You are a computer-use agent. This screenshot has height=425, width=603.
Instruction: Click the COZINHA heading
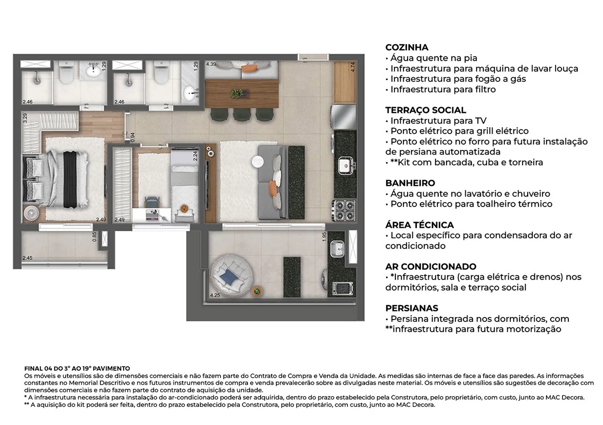pyautogui.click(x=407, y=47)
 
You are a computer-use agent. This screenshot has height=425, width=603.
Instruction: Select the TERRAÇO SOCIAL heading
pyautogui.click(x=425, y=110)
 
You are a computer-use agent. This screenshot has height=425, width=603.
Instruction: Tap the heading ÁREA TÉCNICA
pyautogui.click(x=419, y=225)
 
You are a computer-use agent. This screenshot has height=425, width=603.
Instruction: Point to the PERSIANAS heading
pyautogui.click(x=411, y=308)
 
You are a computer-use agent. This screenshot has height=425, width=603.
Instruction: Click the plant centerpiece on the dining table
pyautogui.click(x=236, y=93)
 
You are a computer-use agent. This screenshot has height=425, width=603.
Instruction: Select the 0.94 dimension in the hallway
pyautogui.click(x=132, y=136)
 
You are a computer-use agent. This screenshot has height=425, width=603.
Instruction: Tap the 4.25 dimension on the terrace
pyautogui.click(x=215, y=295)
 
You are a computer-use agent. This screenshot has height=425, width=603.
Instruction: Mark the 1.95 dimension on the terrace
pyautogui.click(x=325, y=237)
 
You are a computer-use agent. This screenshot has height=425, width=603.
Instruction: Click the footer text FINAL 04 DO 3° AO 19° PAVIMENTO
pyautogui.click(x=77, y=368)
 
